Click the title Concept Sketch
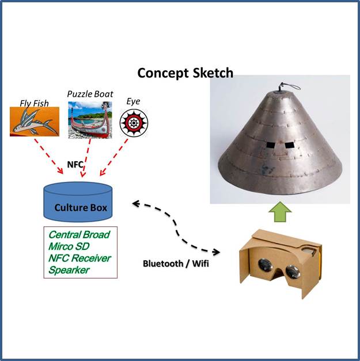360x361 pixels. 185,73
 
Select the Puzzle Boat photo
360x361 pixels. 89,120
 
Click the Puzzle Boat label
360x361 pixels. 90,93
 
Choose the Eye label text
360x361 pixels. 132,101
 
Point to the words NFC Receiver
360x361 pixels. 79,258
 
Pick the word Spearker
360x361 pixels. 69,269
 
